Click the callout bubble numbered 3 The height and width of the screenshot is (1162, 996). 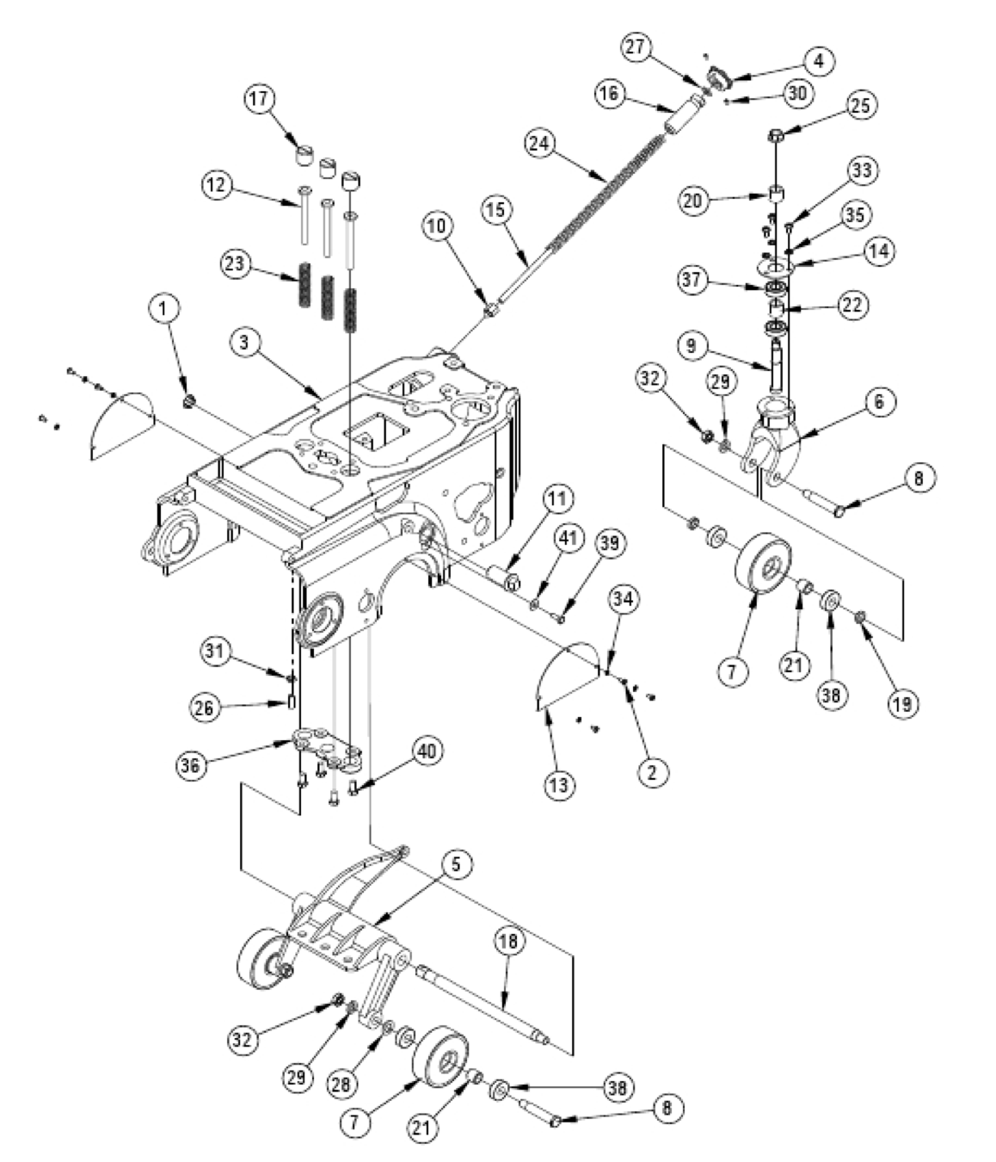pyautogui.click(x=245, y=342)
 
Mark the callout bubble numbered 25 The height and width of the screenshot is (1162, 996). pyautogui.click(x=860, y=107)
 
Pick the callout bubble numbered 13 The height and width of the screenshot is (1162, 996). pyautogui.click(x=561, y=784)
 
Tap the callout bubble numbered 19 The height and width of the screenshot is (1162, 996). pyautogui.click(x=903, y=702)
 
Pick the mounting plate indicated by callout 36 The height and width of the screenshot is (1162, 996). pyautogui.click(x=325, y=747)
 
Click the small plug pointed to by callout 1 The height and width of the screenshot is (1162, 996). pyautogui.click(x=188, y=400)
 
